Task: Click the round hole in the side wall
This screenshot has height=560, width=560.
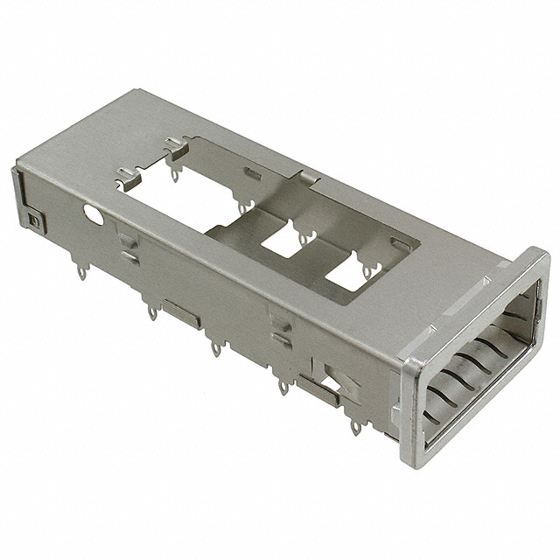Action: click(x=93, y=212)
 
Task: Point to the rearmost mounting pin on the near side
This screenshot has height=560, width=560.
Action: click(x=81, y=272)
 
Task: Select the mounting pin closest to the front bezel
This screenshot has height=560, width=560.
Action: click(x=355, y=426)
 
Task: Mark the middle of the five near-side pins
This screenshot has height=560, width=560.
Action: click(x=215, y=348)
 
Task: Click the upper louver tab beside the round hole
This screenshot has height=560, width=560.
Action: click(x=128, y=237)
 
